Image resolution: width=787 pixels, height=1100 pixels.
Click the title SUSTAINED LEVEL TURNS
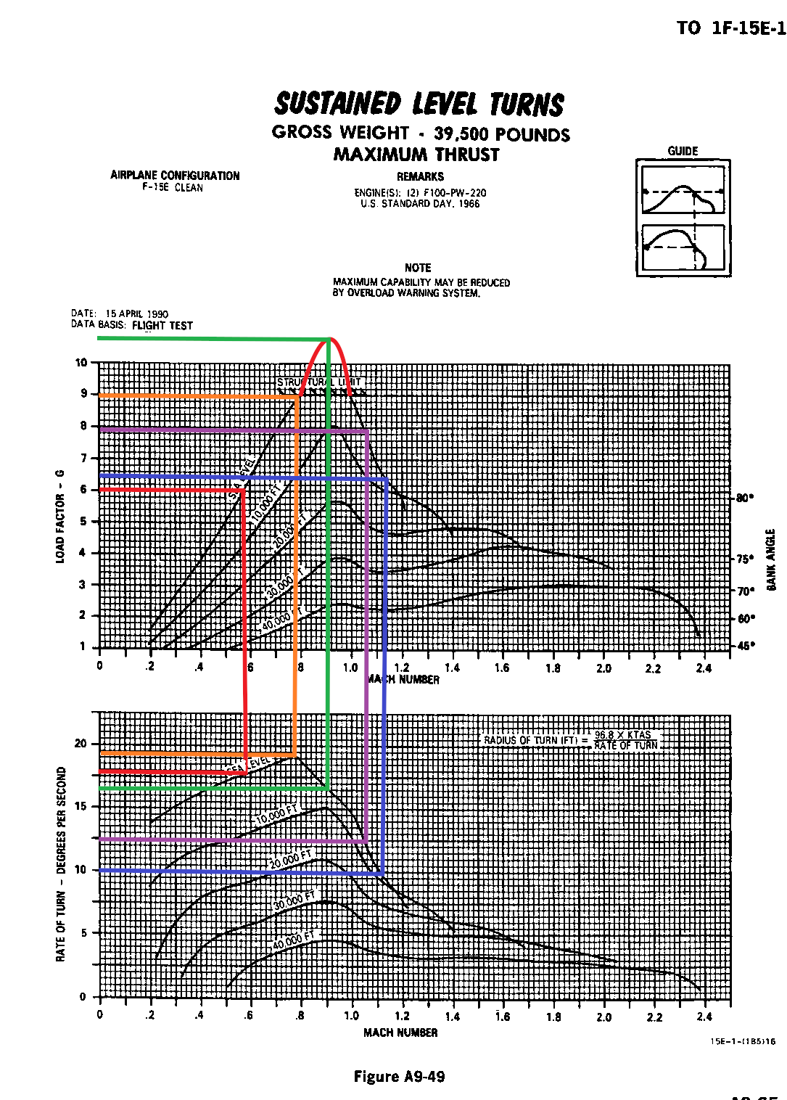click(419, 104)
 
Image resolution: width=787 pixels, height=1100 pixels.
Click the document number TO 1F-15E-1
click(730, 28)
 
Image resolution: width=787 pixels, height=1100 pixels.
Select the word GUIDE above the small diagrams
click(683, 151)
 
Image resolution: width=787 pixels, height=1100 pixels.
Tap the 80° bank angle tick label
click(745, 498)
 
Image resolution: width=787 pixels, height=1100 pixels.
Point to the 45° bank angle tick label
click(745, 646)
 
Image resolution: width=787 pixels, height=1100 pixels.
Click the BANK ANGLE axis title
click(771, 559)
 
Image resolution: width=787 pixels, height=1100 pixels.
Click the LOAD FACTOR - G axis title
click(60, 516)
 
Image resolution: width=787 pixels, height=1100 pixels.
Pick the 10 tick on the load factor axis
click(81, 363)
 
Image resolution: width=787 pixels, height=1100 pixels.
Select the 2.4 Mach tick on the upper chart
click(704, 668)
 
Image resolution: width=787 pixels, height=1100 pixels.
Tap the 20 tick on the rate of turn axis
click(81, 744)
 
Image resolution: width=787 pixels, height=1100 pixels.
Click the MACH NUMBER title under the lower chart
click(400, 1033)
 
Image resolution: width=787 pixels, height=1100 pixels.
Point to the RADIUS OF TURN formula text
click(571, 740)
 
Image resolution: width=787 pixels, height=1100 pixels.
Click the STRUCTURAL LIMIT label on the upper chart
click(319, 382)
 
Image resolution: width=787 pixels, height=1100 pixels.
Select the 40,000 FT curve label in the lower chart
click(294, 940)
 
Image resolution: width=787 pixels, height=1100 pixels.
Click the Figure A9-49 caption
click(399, 1077)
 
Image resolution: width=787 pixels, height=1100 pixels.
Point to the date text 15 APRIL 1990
click(136, 314)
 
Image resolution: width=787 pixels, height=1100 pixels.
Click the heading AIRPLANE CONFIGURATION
click(175, 176)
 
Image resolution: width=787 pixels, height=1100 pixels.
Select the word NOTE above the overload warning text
click(418, 268)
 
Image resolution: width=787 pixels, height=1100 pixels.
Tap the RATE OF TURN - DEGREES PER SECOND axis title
click(61, 864)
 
